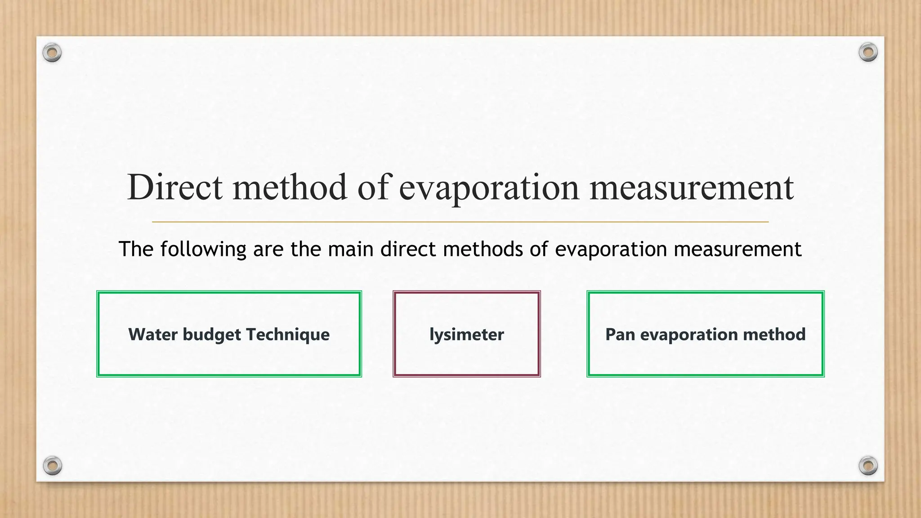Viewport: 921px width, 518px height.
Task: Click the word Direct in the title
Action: pyautogui.click(x=174, y=187)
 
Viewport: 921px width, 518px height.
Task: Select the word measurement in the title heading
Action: pyautogui.click(x=691, y=188)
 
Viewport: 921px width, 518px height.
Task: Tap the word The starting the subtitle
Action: pyautogui.click(x=136, y=249)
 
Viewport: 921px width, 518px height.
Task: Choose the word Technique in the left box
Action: pyautogui.click(x=288, y=335)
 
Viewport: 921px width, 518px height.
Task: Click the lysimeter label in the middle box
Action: pyautogui.click(x=467, y=335)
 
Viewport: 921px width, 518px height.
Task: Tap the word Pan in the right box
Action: pyautogui.click(x=620, y=335)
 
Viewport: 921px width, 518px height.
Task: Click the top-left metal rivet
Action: pyautogui.click(x=52, y=53)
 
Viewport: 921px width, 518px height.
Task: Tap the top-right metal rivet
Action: pyautogui.click(x=868, y=52)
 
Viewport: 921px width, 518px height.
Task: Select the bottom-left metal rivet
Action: pyautogui.click(x=52, y=465)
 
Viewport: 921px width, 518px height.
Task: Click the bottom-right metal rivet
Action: pyautogui.click(x=868, y=465)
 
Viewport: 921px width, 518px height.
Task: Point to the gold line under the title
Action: pyautogui.click(x=460, y=222)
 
